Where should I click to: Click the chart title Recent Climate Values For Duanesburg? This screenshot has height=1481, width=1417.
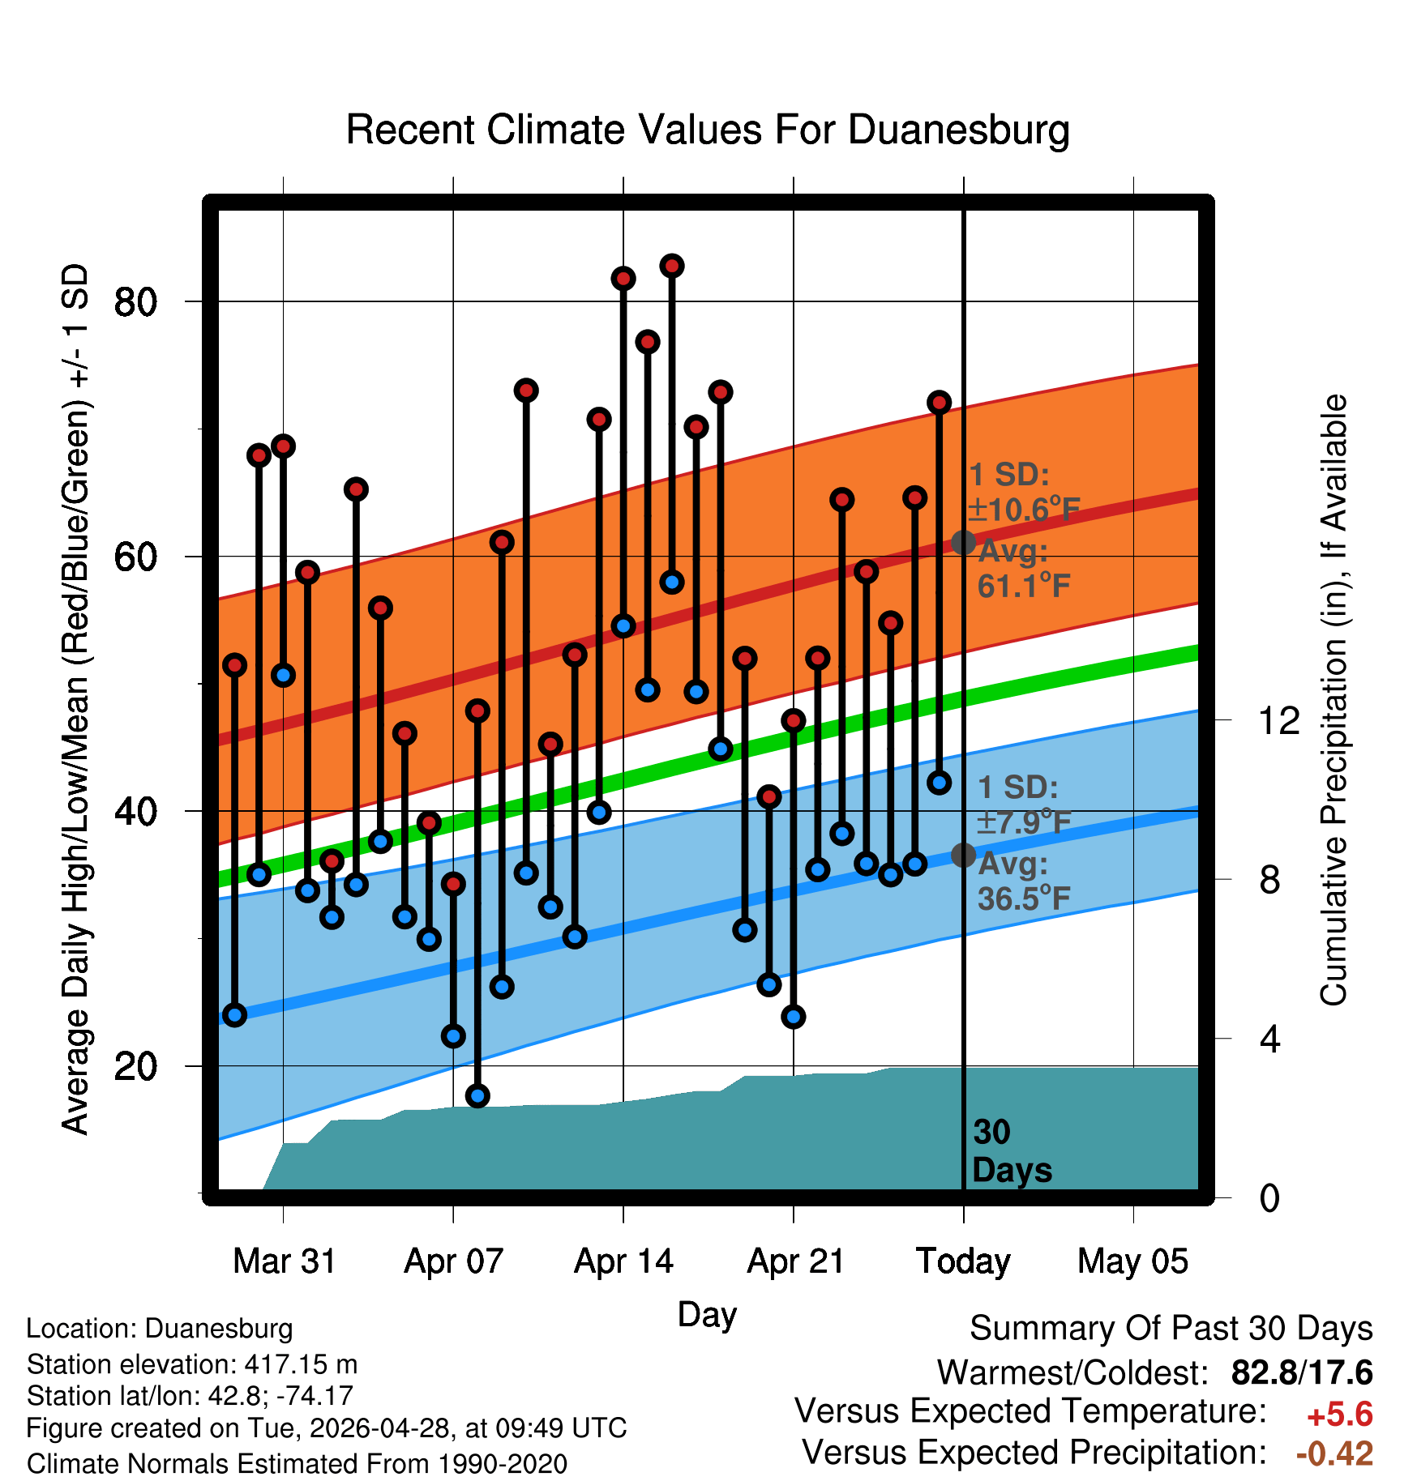pyautogui.click(x=708, y=130)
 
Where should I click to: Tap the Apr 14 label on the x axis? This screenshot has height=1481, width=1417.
pyautogui.click(x=623, y=1261)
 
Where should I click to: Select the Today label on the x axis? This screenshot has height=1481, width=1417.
pyautogui.click(x=963, y=1261)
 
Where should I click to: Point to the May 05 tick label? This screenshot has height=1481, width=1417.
pyautogui.click(x=1132, y=1261)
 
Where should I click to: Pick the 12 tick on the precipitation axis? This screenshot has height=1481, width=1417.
pyautogui.click(x=1278, y=720)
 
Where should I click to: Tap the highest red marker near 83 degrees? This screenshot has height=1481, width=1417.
pyautogui.click(x=672, y=266)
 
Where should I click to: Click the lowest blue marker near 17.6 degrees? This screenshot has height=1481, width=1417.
pyautogui.click(x=477, y=1095)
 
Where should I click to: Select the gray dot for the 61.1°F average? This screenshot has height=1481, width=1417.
pyautogui.click(x=963, y=542)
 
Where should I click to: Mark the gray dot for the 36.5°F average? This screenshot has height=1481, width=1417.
pyautogui.click(x=963, y=855)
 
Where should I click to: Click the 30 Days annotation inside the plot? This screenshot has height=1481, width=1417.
pyautogui.click(x=1012, y=1151)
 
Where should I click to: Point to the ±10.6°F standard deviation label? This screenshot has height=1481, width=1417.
pyautogui.click(x=1024, y=510)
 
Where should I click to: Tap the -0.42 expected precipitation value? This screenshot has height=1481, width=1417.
pyautogui.click(x=1334, y=1453)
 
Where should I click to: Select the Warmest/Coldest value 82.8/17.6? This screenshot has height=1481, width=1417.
pyautogui.click(x=1302, y=1372)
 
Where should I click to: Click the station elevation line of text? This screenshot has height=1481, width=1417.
pyautogui.click(x=192, y=1364)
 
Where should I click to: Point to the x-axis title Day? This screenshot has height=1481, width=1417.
pyautogui.click(x=707, y=1315)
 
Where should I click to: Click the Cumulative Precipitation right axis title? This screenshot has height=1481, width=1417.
pyautogui.click(x=1334, y=700)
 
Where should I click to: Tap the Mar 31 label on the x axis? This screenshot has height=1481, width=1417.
pyautogui.click(x=284, y=1261)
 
